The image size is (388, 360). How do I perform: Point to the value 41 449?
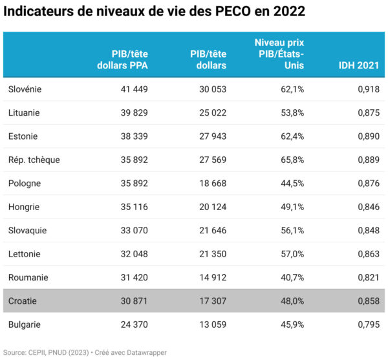click(133, 89)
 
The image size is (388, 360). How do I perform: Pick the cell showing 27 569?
click(211, 160)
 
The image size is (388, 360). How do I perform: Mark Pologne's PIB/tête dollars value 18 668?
click(211, 184)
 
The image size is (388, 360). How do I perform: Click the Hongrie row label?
click(24, 207)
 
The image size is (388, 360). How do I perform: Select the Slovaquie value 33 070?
click(133, 230)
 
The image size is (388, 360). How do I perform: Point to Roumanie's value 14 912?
click(211, 277)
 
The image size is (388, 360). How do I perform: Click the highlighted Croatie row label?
click(23, 301)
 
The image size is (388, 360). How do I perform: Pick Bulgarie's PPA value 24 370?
click(133, 324)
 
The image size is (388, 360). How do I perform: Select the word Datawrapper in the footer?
click(147, 352)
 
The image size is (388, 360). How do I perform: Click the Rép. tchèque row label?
click(34, 160)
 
